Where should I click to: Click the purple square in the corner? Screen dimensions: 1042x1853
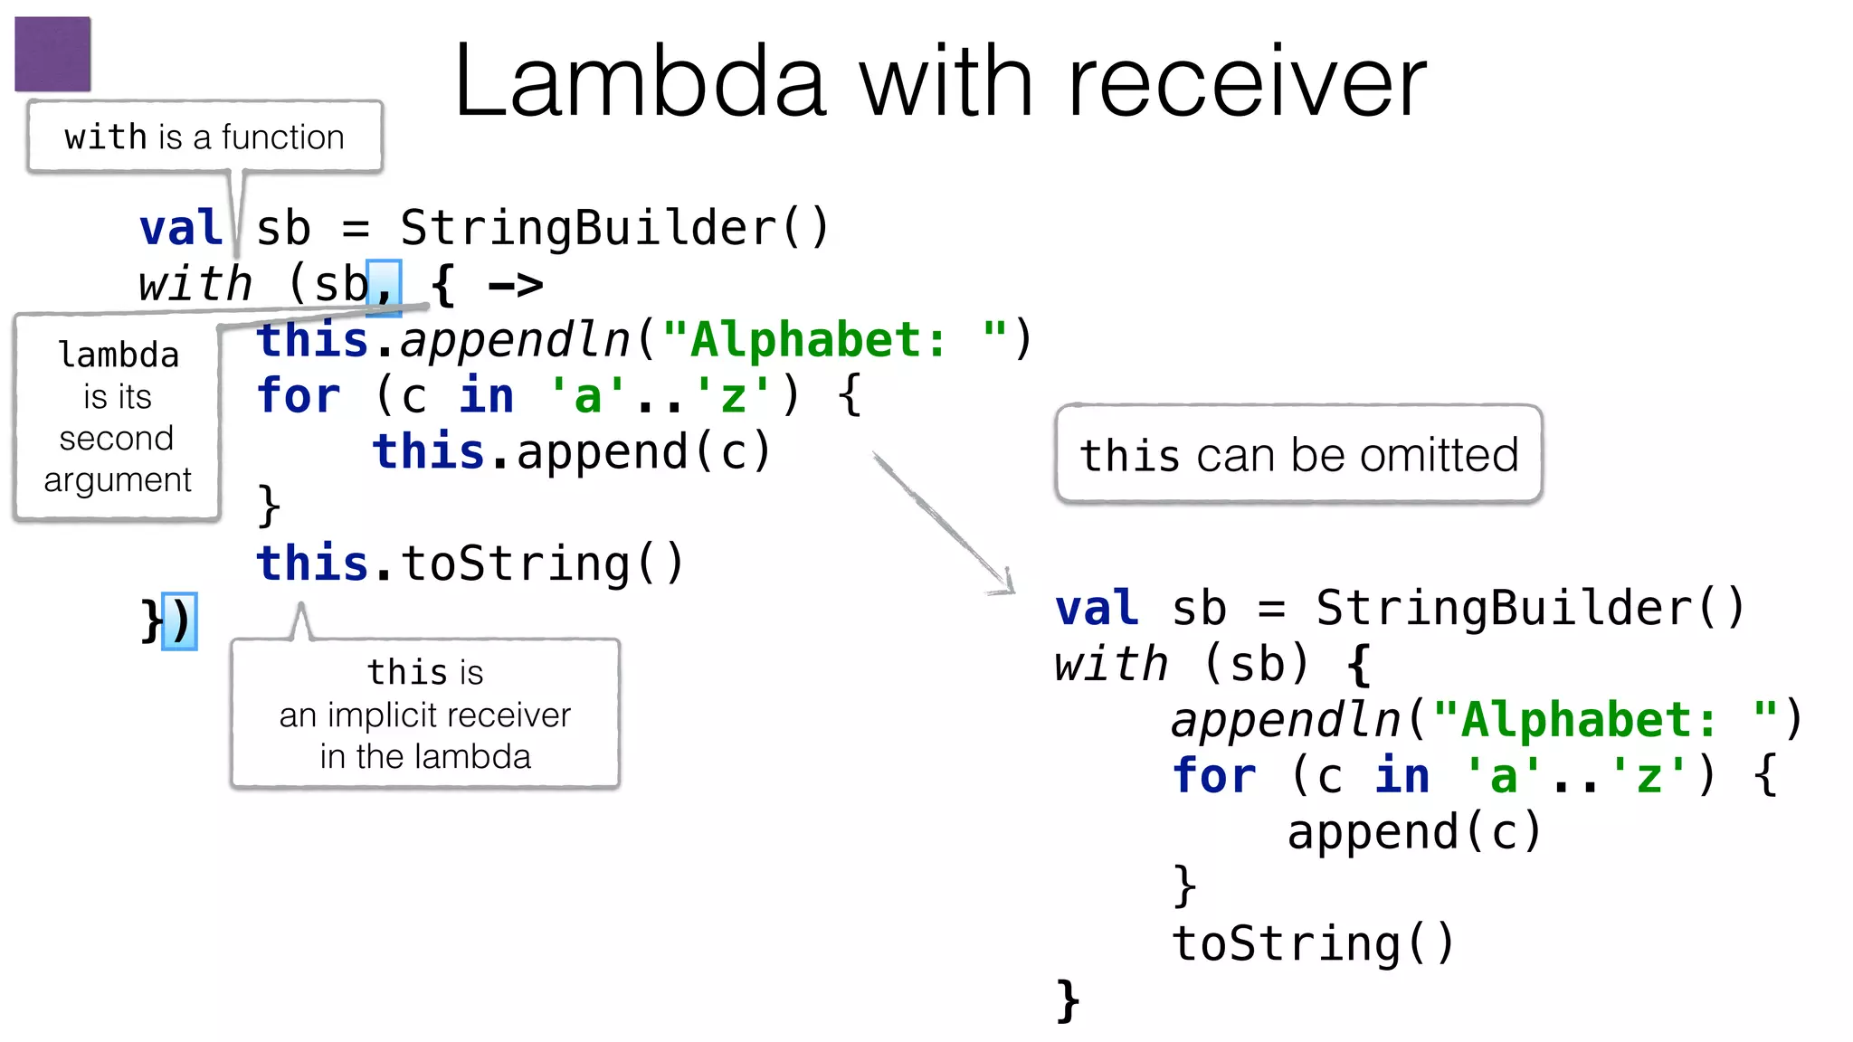[52, 53]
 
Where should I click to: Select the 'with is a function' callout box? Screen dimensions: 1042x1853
[204, 137]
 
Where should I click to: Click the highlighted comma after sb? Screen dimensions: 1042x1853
[385, 287]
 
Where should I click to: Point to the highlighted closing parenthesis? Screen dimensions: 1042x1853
[180, 621]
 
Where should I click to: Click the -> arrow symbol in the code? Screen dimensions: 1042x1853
[516, 286]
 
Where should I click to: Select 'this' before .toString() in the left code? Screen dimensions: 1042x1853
[312, 564]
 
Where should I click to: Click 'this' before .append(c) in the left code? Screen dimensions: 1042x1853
[429, 451]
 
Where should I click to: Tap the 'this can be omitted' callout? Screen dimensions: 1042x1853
[1298, 454]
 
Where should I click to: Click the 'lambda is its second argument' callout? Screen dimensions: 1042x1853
[118, 417]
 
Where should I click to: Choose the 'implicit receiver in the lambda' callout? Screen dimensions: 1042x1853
[425, 714]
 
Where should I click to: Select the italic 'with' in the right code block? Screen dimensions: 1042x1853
[1112, 664]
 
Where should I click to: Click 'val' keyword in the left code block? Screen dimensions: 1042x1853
[181, 228]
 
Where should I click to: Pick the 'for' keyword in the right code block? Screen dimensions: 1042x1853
[1214, 776]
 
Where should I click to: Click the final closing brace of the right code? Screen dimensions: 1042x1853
[1069, 1000]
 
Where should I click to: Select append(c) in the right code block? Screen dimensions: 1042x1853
[1414, 832]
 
